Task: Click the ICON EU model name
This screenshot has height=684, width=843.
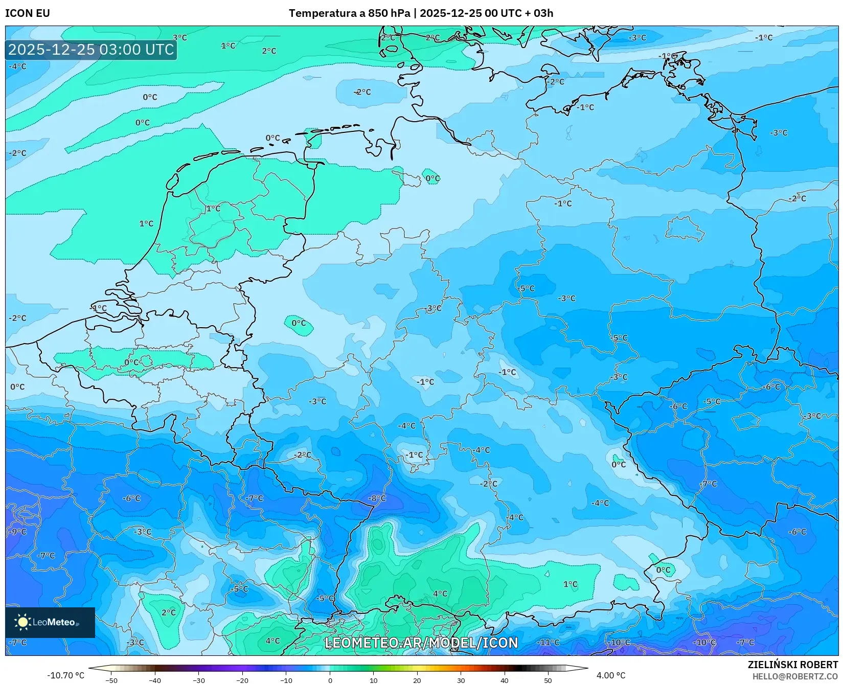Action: [x=28, y=13]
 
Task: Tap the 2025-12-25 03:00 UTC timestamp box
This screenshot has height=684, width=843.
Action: [x=92, y=50]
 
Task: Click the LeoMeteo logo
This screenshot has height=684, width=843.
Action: [x=50, y=622]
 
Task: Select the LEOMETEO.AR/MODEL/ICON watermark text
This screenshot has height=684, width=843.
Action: [x=421, y=643]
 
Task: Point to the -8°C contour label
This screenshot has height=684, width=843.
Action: [x=377, y=498]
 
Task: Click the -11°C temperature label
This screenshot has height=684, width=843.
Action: [x=549, y=642]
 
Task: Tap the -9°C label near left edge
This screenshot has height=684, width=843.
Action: [x=17, y=532]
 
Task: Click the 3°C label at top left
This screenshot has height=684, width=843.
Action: [x=180, y=37]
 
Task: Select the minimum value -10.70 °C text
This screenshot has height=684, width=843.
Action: [x=65, y=675]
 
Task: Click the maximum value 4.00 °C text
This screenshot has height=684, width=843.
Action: [x=610, y=675]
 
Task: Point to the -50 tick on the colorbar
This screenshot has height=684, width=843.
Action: [x=111, y=680]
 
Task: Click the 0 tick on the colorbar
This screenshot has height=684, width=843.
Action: [x=330, y=680]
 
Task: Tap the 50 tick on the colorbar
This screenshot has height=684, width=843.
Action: [x=548, y=680]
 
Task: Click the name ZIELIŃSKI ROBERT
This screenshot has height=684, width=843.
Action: [x=793, y=665]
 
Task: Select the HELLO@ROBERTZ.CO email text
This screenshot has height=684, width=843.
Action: [x=795, y=676]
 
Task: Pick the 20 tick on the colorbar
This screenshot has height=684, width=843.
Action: [x=417, y=680]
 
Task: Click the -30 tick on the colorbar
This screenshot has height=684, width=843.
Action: [x=199, y=680]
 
